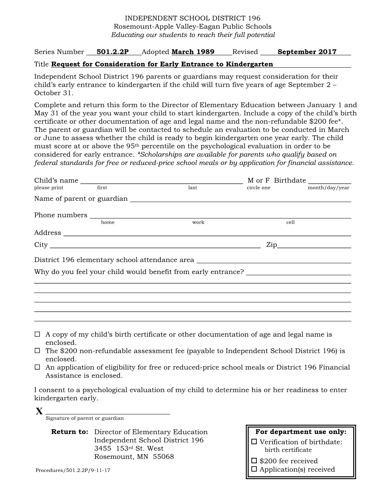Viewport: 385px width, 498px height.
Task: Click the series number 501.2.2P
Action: (112, 52)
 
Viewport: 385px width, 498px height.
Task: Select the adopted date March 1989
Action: (193, 52)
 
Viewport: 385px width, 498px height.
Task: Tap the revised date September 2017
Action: (307, 52)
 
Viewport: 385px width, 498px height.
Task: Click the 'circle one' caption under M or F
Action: (259, 188)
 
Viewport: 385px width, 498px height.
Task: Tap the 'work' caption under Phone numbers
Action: (198, 223)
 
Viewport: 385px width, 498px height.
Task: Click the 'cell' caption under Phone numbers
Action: (290, 223)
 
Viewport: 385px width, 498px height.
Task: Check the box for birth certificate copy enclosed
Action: (37, 334)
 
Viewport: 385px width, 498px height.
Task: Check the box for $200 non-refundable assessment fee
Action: (37, 351)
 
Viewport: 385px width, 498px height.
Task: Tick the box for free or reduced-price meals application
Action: (37, 367)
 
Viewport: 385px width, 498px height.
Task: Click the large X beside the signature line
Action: (39, 412)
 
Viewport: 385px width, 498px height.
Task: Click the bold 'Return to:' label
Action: (69, 432)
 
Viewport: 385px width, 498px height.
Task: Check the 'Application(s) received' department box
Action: (254, 469)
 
